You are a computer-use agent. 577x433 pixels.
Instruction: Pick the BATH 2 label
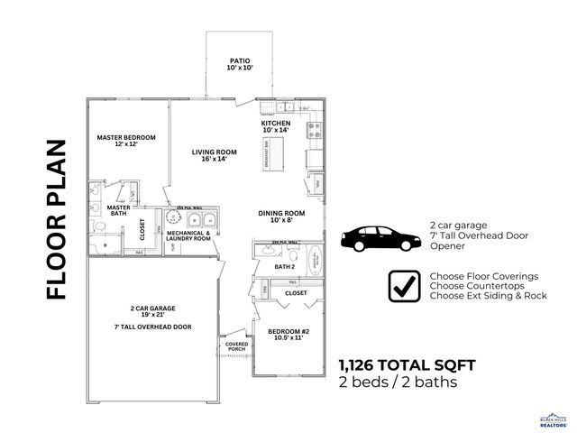[286, 267]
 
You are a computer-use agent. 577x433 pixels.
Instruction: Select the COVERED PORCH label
[236, 347]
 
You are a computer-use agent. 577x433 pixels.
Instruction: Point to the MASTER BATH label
[119, 210]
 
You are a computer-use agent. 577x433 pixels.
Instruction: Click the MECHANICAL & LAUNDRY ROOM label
[188, 235]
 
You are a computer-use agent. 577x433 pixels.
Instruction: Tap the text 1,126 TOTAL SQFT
[407, 364]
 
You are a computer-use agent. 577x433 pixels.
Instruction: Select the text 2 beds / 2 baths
[397, 382]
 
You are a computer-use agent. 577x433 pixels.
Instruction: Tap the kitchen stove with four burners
[315, 130]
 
